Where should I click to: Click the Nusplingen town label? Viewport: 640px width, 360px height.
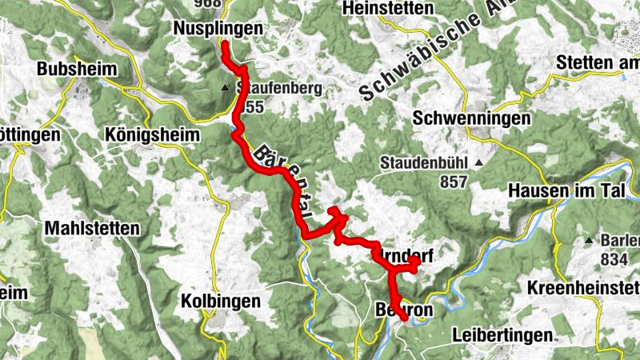[x=218, y=29]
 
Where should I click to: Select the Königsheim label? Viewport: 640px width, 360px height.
[x=152, y=135]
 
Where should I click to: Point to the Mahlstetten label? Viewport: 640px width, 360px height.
[x=92, y=228]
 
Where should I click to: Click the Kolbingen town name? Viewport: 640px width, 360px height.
[x=222, y=302]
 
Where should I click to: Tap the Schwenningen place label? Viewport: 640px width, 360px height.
[x=472, y=118]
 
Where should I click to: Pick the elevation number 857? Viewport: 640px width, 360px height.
[x=453, y=182]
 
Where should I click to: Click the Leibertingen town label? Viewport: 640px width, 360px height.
[x=502, y=334]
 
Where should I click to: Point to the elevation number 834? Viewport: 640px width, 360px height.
[x=613, y=259]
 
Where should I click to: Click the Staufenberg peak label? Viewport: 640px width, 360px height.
[x=267, y=89]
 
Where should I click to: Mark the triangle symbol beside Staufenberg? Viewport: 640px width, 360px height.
[x=226, y=88]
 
